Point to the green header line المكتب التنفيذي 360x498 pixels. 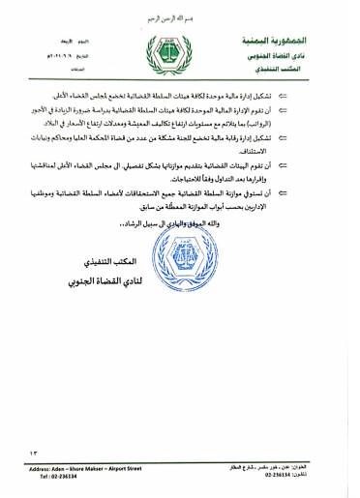point(297,71)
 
